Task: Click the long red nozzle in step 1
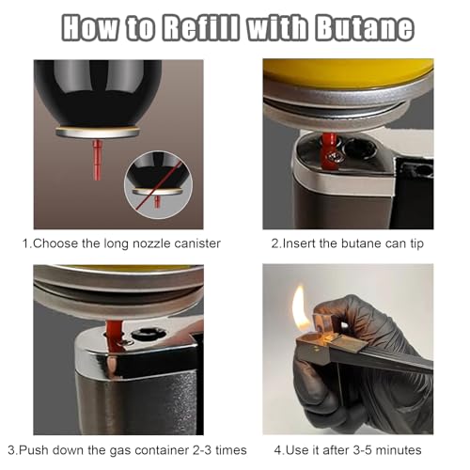[x=97, y=160]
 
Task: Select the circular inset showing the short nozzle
[x=159, y=185]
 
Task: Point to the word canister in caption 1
[x=197, y=243]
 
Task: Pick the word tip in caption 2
[x=416, y=243]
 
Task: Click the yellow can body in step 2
[x=349, y=72]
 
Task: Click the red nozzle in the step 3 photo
[x=115, y=336]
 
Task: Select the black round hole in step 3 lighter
[x=149, y=334]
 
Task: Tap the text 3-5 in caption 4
[x=361, y=450]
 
